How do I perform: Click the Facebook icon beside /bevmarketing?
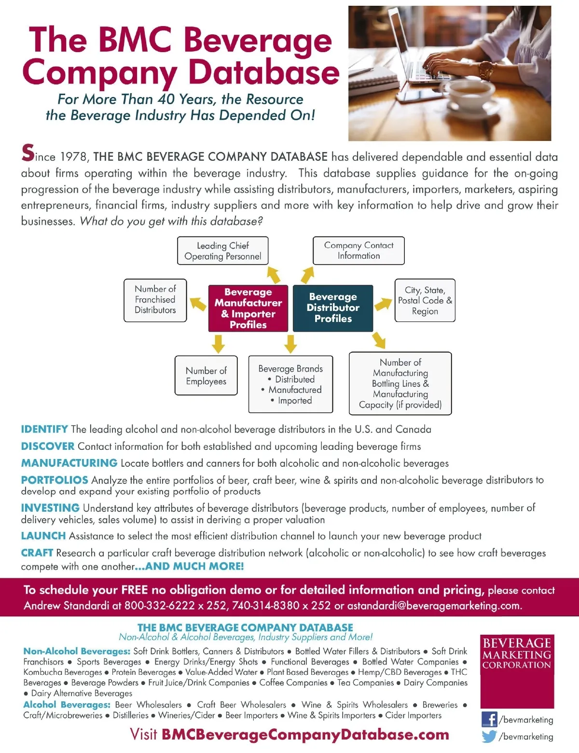click(489, 719)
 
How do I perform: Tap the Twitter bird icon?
click(489, 737)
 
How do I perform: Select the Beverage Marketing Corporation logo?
click(517, 671)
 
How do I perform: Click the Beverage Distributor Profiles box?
click(333, 308)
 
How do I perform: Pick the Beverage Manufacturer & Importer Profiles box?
click(248, 308)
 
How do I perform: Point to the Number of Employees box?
click(206, 376)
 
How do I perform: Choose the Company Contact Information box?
click(358, 251)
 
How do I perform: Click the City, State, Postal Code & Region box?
click(425, 300)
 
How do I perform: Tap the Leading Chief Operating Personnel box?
click(222, 251)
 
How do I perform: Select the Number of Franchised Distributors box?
click(155, 300)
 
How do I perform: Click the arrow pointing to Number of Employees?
click(218, 344)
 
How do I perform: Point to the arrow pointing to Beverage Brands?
click(290, 344)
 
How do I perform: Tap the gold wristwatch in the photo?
click(486, 71)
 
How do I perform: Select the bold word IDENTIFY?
click(44, 429)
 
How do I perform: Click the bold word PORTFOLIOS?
click(55, 480)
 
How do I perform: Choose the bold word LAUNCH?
click(43, 536)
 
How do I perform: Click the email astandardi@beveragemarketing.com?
click(434, 606)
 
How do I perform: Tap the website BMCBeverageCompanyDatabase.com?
click(305, 735)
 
